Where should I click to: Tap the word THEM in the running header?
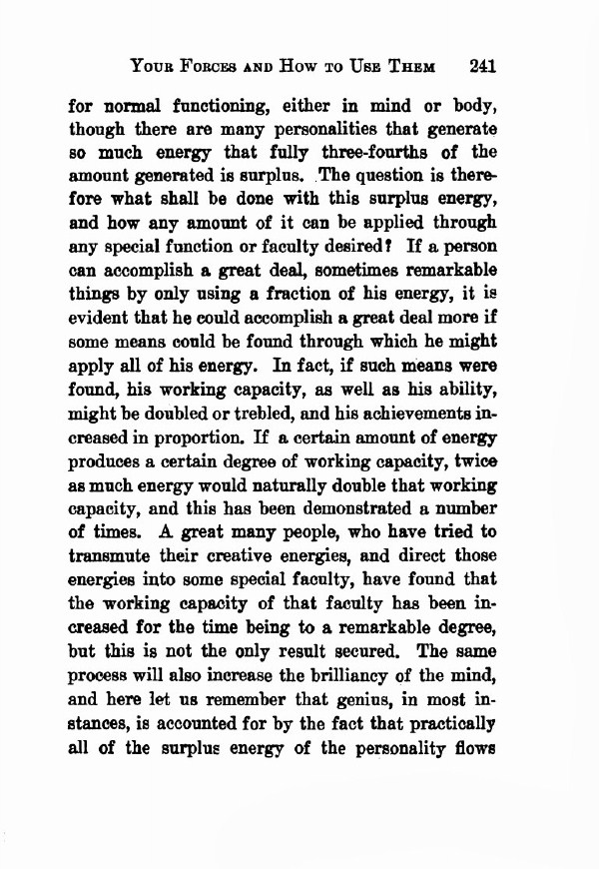[x=408, y=68]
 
